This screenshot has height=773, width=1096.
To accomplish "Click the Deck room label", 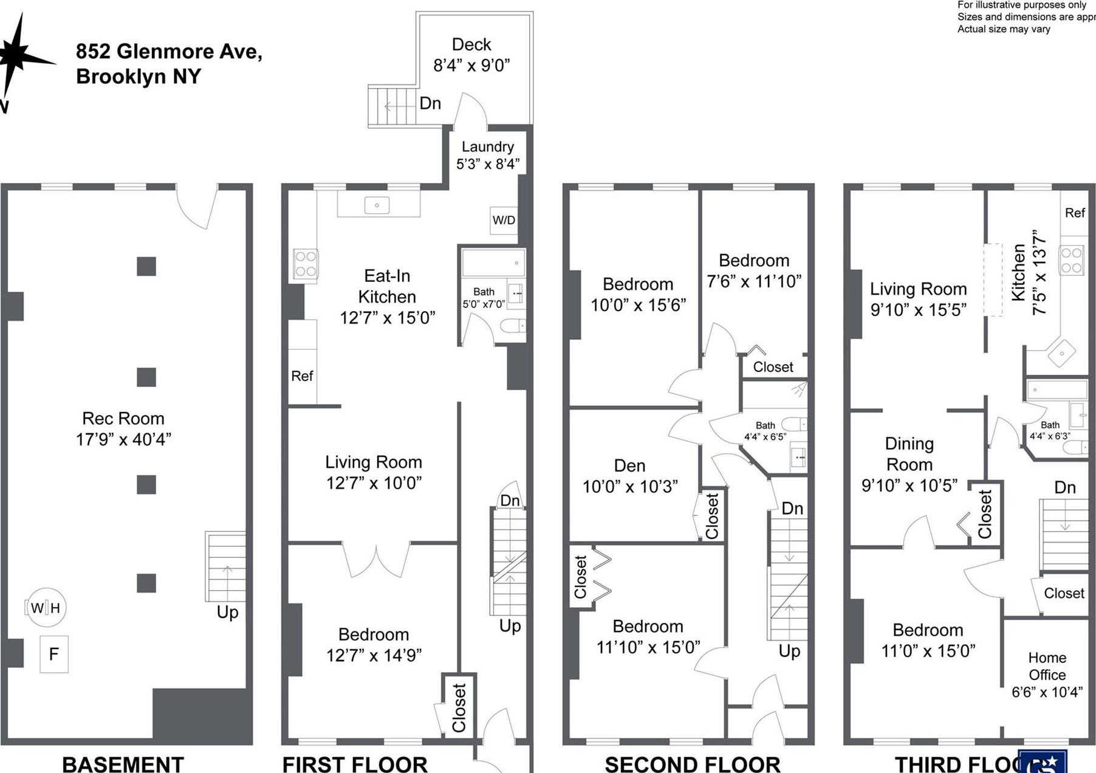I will click(471, 45).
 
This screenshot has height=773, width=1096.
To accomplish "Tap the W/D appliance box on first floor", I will click(504, 220).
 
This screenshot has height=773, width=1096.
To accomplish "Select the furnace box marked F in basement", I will click(54, 654).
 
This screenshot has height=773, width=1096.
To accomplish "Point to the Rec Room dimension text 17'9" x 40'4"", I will click(123, 439).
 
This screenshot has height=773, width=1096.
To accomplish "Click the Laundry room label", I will click(487, 146).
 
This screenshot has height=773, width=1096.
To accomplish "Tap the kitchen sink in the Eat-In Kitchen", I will click(377, 205).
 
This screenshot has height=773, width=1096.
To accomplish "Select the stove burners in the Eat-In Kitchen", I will click(305, 264).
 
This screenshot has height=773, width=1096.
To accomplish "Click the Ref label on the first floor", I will click(302, 376).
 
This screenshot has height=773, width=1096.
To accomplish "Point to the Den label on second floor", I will click(629, 466).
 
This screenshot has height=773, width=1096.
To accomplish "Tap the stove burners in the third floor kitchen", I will click(1071, 260).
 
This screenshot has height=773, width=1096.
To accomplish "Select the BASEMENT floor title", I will click(123, 763).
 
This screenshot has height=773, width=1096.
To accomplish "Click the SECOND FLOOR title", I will click(692, 763).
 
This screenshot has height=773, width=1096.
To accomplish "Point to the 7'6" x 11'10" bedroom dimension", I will click(754, 281).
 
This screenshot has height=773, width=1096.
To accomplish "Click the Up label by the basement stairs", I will click(227, 612).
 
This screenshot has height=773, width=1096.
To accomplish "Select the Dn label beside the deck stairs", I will click(430, 103).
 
